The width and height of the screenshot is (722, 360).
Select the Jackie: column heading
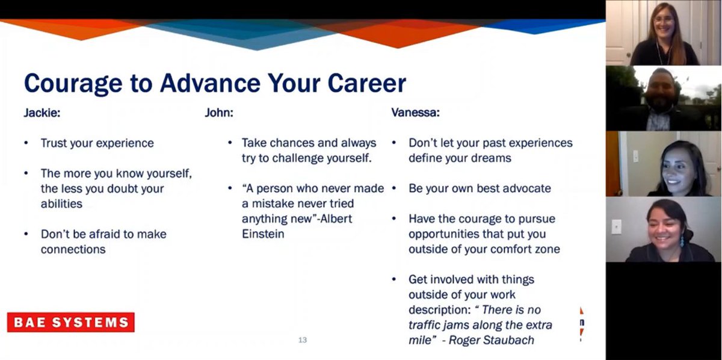click(x=42, y=113)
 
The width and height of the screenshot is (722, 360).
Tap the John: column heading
click(x=219, y=113)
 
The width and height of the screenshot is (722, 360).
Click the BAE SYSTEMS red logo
click(x=70, y=322)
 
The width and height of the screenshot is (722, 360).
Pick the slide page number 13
click(x=303, y=340)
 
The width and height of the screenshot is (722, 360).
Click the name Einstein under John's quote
click(x=263, y=234)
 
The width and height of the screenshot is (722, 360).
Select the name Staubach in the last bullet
click(x=507, y=340)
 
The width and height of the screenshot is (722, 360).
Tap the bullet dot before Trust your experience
click(x=26, y=143)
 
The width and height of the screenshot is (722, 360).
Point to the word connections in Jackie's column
click(x=73, y=249)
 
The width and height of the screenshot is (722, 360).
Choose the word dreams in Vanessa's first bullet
click(x=492, y=158)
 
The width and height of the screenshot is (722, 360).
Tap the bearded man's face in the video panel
click(x=661, y=91)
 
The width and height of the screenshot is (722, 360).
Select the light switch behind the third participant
click(x=635, y=155)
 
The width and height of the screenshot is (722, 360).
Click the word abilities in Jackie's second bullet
click(x=61, y=204)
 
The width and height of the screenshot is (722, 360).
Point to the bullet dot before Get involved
click(x=394, y=279)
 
